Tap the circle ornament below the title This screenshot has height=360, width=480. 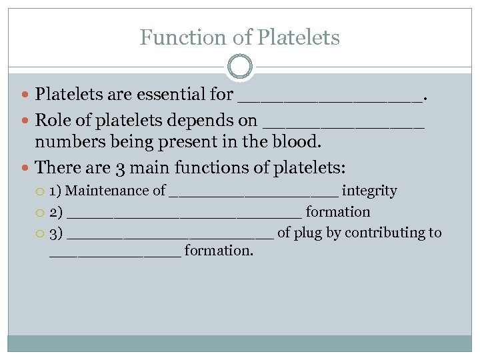point(240,67)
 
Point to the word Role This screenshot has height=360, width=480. point(51,121)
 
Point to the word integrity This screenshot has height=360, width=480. point(369,191)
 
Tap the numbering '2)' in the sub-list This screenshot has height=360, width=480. point(57,212)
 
